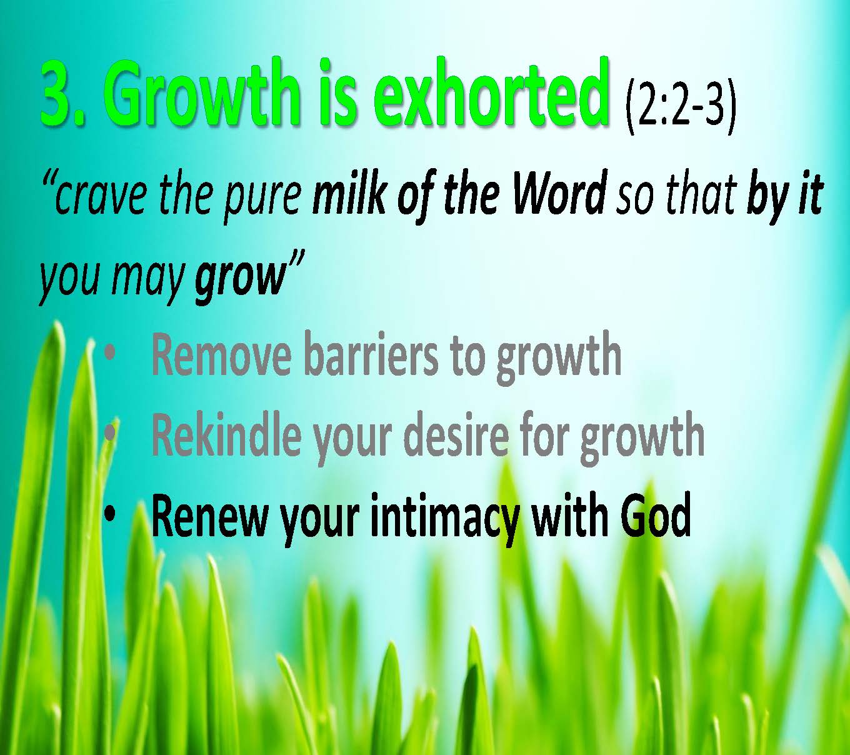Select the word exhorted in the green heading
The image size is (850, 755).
pyautogui.click(x=491, y=94)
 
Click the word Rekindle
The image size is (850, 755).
pyautogui.click(x=226, y=434)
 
